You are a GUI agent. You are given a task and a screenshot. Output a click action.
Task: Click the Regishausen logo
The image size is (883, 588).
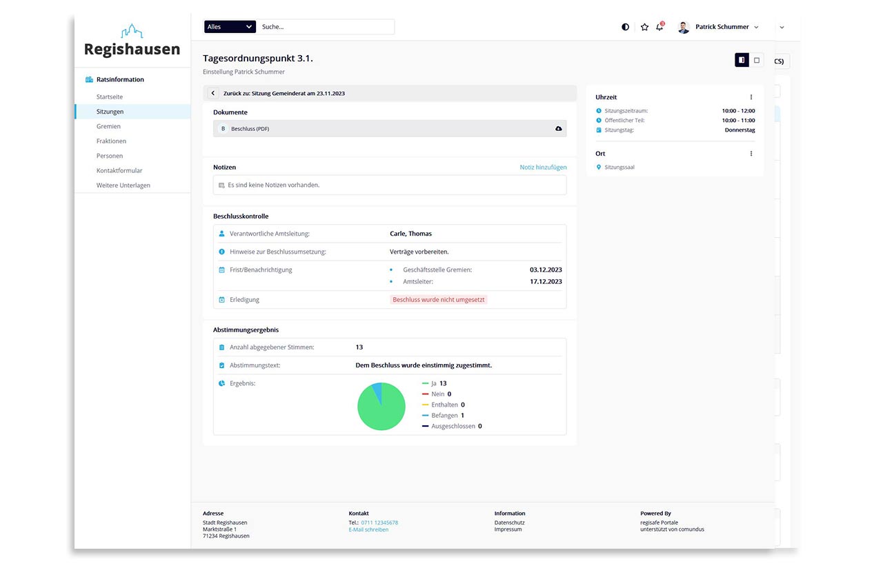coord(132,41)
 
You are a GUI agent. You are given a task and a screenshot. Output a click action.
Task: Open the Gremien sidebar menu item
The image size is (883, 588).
coord(108,126)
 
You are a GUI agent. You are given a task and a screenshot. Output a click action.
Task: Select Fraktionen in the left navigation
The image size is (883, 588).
coord(111,141)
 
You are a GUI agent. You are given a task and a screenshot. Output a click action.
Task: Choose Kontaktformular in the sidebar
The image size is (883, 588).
coord(119,170)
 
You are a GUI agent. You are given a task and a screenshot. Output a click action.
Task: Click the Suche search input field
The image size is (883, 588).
coord(326,27)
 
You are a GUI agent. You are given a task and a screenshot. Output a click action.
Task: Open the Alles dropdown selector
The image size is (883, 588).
coord(230,27)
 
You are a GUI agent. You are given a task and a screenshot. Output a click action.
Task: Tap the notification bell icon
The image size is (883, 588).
coord(659,27)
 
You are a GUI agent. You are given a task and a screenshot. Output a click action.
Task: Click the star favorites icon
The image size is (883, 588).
coord(644,27)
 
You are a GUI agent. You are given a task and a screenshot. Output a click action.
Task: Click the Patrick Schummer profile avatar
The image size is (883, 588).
coord(684,27)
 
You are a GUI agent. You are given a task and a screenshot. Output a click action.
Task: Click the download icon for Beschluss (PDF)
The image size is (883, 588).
coord(558,129)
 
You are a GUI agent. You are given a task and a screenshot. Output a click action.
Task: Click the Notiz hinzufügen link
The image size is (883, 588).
coord(543,168)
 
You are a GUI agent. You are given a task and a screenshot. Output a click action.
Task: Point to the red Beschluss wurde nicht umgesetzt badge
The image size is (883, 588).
coord(439,300)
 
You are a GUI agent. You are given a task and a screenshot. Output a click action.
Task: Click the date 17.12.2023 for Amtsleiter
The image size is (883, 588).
coord(546,282)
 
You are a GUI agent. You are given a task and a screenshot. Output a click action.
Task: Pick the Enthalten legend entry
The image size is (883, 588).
coord(444,405)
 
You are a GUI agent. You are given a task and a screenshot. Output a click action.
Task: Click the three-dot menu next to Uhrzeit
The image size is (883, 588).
coord(751,97)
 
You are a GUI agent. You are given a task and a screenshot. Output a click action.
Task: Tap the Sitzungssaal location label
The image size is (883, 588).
coord(619,168)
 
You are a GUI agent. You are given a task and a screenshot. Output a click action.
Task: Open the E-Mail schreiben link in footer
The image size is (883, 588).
coord(368,529)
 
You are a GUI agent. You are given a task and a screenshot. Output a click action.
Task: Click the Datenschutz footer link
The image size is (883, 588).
coord(509,523)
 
